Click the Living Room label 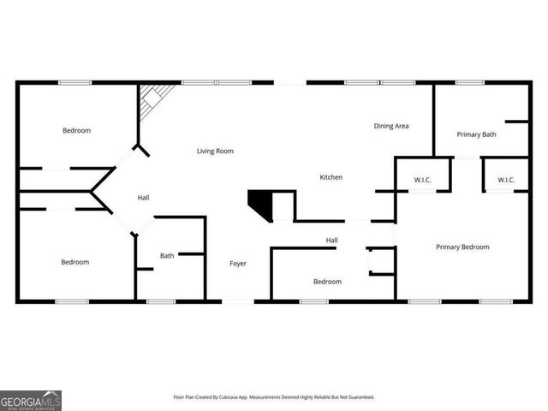point(215,152)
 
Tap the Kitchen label point(331,177)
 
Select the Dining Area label point(391,126)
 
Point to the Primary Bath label point(476,134)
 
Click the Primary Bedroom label point(462,247)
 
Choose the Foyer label point(238,263)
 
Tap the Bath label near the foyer point(167,255)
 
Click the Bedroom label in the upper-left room point(76,131)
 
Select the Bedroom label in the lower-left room point(74,262)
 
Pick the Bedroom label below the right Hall point(327,282)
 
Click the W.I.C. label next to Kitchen point(422,180)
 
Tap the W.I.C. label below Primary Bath point(505,180)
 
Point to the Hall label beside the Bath point(143,198)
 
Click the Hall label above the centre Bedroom point(331,241)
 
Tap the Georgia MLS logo point(31,400)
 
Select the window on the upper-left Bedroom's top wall point(74,82)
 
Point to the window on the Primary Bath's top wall point(469,82)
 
